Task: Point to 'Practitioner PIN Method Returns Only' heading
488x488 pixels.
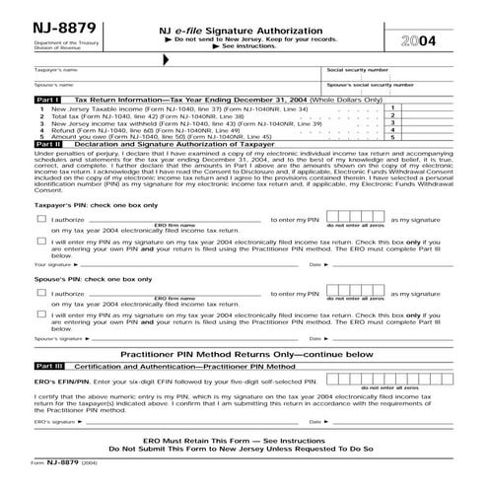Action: [x=244, y=353]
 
